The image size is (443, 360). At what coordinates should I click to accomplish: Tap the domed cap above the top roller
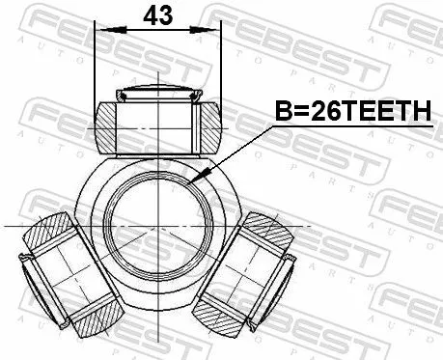coord(155,95)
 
